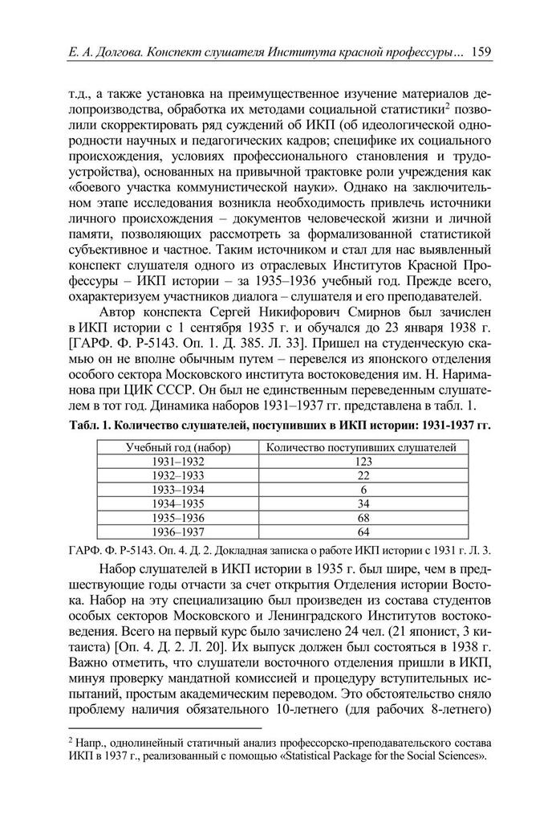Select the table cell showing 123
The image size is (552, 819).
pyautogui.click(x=363, y=461)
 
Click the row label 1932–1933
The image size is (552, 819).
pyautogui.click(x=178, y=475)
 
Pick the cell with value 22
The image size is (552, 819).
pyautogui.click(x=363, y=475)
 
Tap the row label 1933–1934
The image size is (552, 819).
pyautogui.click(x=178, y=489)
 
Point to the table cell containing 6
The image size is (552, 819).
pyautogui.click(x=363, y=489)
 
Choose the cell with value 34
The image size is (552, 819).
pyautogui.click(x=363, y=503)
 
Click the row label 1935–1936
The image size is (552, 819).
pyautogui.click(x=178, y=517)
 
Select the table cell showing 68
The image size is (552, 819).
pyautogui.click(x=363, y=517)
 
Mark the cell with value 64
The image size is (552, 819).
pyautogui.click(x=363, y=532)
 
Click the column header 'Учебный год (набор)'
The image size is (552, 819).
pyautogui.click(x=178, y=447)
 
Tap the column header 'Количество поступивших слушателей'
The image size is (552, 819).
pyautogui.click(x=363, y=447)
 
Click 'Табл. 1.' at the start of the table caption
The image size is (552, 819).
pyautogui.click(x=81, y=426)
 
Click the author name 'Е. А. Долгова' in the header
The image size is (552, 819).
pyautogui.click(x=100, y=53)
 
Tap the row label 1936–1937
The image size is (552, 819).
pyautogui.click(x=178, y=532)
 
